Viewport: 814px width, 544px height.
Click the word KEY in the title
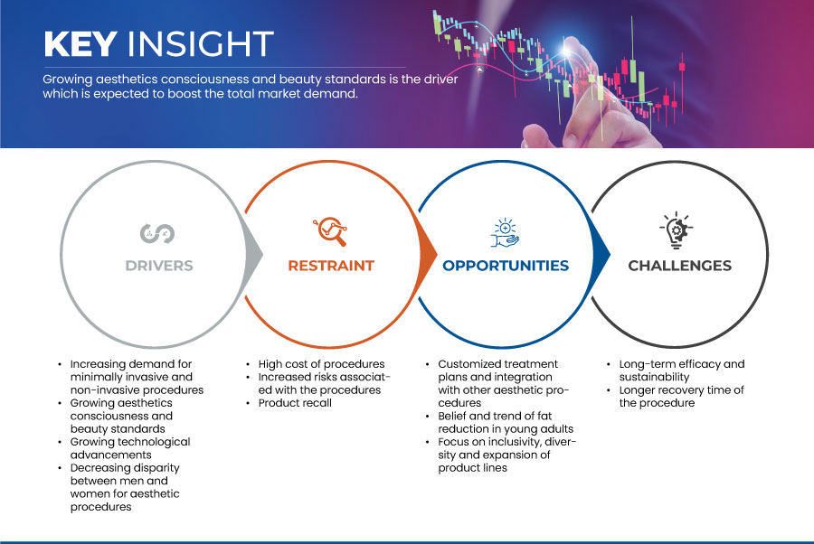80,43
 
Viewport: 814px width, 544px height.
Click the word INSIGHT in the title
201,43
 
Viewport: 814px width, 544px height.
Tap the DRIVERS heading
159,266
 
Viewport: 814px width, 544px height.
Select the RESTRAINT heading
331,266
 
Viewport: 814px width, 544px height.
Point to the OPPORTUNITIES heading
506,266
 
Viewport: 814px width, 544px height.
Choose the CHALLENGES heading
679,266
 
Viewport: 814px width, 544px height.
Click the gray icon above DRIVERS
157,233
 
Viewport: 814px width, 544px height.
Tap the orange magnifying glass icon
330,231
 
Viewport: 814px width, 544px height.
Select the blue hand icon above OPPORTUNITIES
505,232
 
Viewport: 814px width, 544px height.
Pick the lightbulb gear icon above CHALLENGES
677,230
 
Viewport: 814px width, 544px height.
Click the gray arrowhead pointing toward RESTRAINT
253,254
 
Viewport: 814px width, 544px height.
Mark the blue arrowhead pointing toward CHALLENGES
601,254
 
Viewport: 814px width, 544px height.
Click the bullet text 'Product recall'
295,403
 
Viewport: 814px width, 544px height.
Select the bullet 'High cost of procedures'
321,364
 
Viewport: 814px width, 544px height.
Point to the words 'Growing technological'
130,442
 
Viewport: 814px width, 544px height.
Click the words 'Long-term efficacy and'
682,364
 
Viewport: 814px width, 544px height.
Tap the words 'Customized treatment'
497,364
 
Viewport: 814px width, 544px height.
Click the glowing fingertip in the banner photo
567,49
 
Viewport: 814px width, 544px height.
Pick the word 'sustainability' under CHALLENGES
654,377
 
